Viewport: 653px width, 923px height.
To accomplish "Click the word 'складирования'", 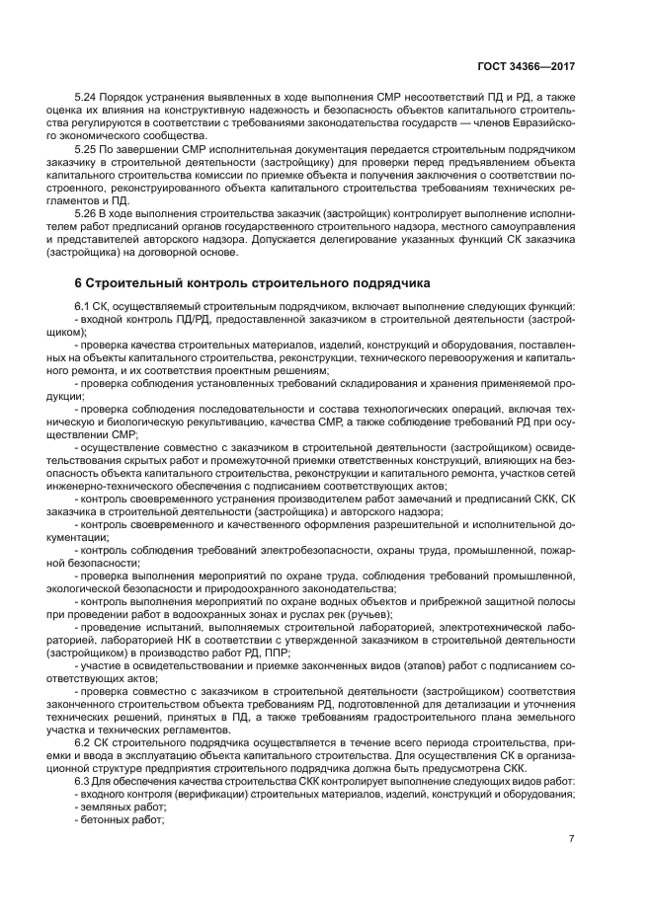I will pos(383,381).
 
